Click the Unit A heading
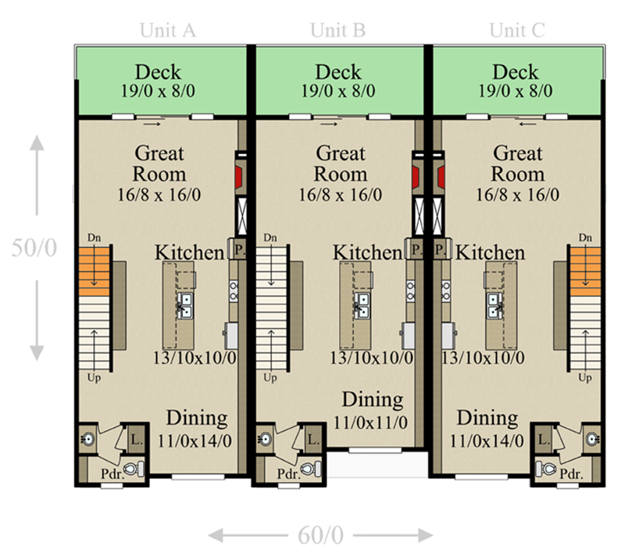167,31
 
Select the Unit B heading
337,31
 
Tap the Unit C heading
516,31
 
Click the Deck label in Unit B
337,72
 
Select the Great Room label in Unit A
159,163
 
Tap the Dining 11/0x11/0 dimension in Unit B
373,423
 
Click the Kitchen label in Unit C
490,253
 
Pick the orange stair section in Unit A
94,267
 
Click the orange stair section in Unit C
584,267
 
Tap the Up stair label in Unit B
270,377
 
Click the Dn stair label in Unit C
584,237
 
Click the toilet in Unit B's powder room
311,469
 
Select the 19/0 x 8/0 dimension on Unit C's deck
516,91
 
